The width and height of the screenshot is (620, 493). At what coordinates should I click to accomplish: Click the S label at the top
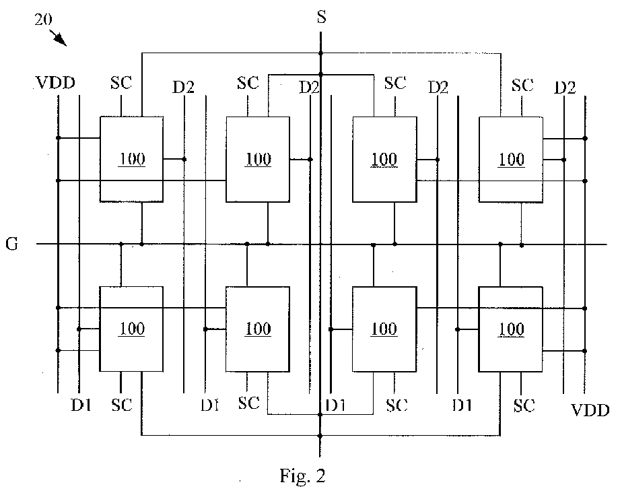tap(322, 17)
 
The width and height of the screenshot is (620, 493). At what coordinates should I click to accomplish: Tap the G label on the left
tap(12, 244)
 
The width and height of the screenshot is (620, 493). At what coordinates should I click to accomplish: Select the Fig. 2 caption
tap(303, 475)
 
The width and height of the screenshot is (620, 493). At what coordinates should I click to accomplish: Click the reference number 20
tap(42, 20)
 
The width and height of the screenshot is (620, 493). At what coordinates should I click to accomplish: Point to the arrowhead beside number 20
tap(61, 40)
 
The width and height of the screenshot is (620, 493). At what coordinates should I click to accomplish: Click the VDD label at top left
tap(55, 83)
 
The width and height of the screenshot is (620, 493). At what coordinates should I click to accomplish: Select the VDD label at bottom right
tap(590, 410)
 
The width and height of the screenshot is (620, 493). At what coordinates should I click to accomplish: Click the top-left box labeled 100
tap(131, 159)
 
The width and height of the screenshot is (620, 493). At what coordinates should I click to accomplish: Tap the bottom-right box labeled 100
tap(510, 329)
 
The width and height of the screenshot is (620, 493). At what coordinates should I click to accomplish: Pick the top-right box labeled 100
tap(510, 159)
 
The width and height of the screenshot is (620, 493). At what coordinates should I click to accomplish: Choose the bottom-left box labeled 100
tap(131, 329)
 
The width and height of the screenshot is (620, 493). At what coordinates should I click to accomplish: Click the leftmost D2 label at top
tap(184, 88)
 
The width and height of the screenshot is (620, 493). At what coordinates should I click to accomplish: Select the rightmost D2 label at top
tap(565, 88)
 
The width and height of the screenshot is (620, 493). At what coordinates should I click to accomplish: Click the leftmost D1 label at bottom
tap(81, 405)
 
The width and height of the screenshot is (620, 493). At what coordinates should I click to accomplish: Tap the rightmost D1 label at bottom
tap(462, 405)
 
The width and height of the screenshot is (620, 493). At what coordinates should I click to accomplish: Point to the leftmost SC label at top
tap(121, 83)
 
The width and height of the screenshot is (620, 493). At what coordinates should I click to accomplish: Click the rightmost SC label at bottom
tap(524, 405)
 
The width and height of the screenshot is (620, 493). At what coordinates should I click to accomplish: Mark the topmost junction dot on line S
tap(320, 53)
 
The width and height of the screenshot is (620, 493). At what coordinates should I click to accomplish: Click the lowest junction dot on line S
tap(320, 436)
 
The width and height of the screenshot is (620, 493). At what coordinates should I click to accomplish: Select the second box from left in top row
tap(257, 159)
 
